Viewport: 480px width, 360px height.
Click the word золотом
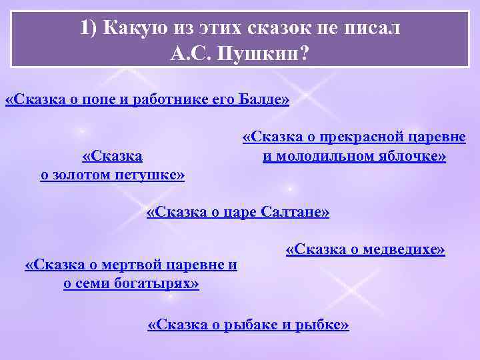pyautogui.click(x=90, y=175)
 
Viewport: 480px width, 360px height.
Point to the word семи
pyautogui.click(x=92, y=284)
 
